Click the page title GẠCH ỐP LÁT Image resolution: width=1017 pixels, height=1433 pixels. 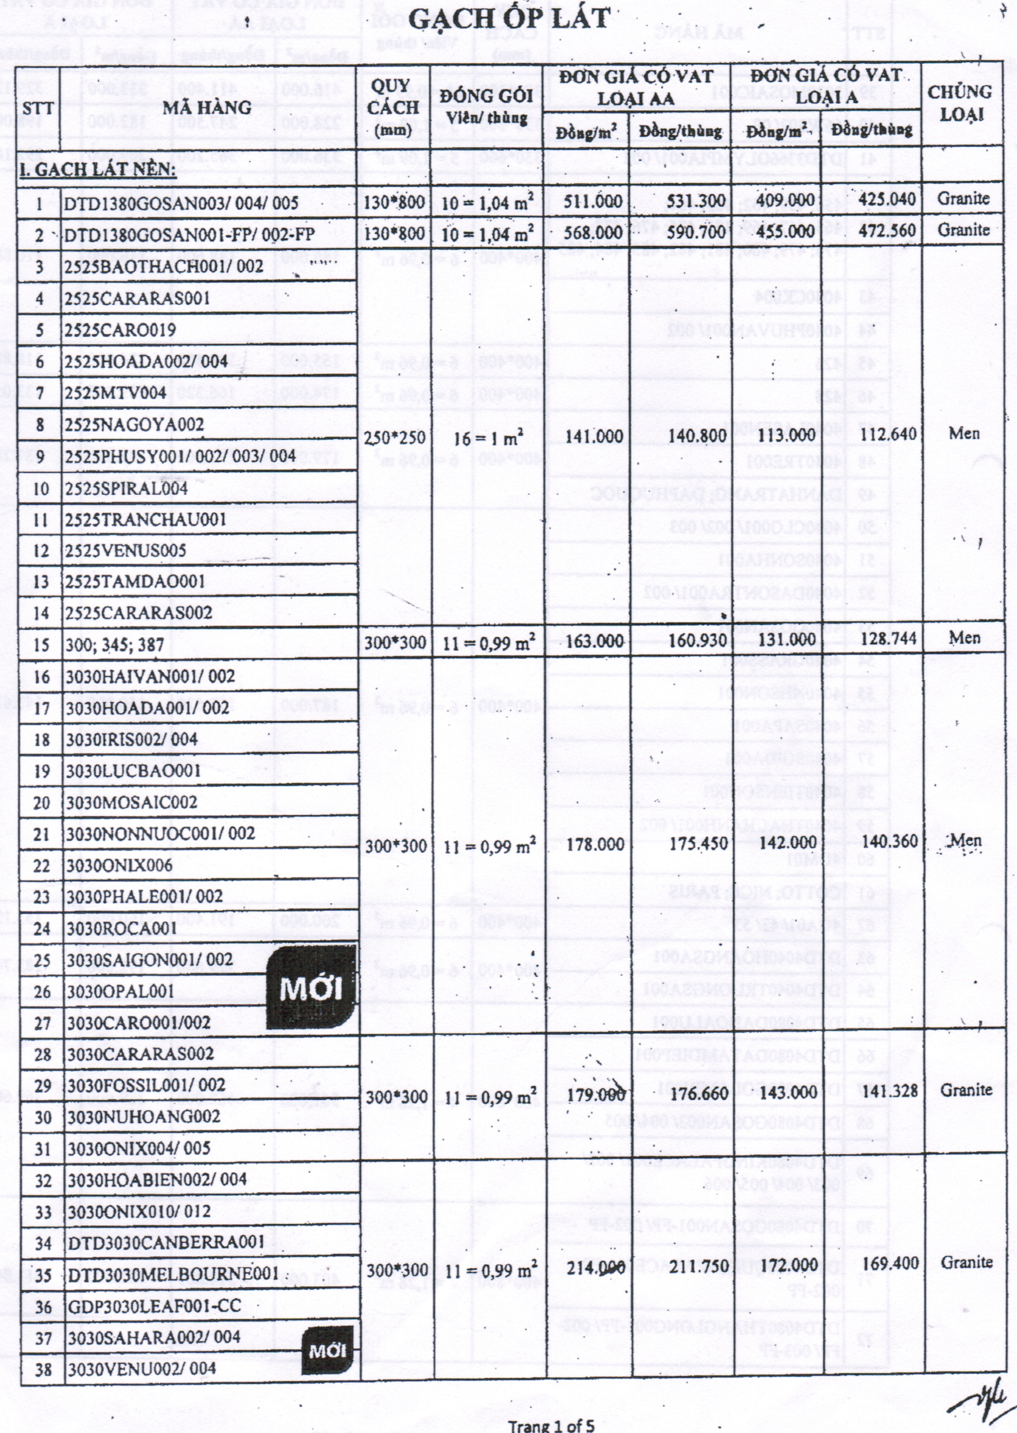click(x=508, y=19)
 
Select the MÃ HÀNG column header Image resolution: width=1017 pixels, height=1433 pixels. click(x=207, y=108)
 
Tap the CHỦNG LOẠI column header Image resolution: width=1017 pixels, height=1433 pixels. click(x=959, y=103)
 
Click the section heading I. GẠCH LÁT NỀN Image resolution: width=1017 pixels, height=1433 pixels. click(x=98, y=170)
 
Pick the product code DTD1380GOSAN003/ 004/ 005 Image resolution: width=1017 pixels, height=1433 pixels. click(x=182, y=203)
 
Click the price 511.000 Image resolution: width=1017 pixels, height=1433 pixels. click(x=593, y=201)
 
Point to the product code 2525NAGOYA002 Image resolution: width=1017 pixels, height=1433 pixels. click(x=135, y=425)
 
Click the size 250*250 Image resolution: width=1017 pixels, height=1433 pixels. click(x=395, y=437)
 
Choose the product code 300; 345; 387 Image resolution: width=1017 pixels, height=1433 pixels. click(x=115, y=645)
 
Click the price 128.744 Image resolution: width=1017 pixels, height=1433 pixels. click(x=888, y=638)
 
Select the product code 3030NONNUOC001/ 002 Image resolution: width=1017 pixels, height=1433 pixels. click(x=161, y=834)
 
